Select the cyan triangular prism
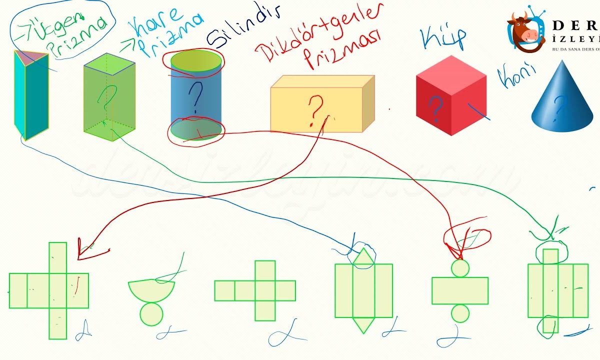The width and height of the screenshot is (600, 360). (31, 95)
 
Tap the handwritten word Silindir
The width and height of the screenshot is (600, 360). (243, 27)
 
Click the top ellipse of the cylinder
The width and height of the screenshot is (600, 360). (196, 60)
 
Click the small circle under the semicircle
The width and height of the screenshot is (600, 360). (151, 313)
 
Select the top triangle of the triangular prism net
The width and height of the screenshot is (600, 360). (363, 257)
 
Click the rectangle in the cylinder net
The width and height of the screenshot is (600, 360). (459, 290)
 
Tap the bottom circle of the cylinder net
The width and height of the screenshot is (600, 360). (460, 313)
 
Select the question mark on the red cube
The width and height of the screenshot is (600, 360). (436, 107)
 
